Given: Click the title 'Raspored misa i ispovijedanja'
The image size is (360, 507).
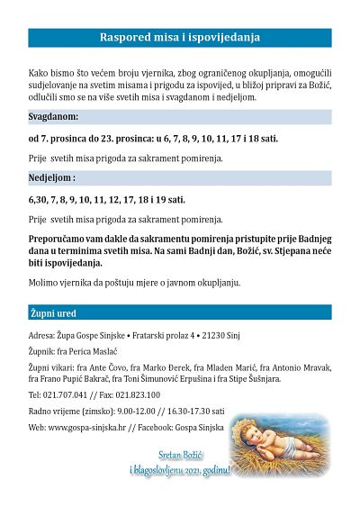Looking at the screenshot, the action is (179, 38).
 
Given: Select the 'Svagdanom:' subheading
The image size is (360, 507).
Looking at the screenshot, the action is (53, 118).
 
